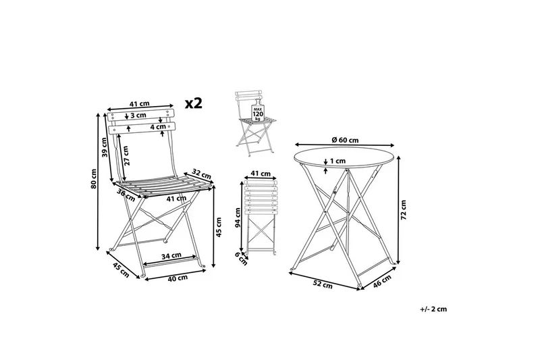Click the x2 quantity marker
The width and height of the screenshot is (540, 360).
tap(194, 103)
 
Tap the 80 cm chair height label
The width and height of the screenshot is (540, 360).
tap(94, 178)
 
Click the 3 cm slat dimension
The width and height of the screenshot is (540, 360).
tap(138, 115)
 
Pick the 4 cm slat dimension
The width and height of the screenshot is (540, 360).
tap(158, 127)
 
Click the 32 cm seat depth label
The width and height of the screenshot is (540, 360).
tap(201, 174)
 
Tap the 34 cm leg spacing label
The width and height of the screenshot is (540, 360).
tap(171, 255)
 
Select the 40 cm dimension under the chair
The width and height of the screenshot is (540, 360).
tap(178, 278)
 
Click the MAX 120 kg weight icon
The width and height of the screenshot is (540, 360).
tap(258, 112)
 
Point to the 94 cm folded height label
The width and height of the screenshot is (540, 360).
tap(238, 217)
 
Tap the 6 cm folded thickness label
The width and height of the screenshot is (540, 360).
tap(241, 259)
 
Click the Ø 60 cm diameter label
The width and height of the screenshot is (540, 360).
tap(345, 140)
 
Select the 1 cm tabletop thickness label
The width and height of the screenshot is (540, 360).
tap(337, 161)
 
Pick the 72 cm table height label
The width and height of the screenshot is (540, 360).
tap(404, 210)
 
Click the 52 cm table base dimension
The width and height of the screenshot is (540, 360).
tap(323, 284)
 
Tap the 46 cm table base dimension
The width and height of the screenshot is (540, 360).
tap(382, 281)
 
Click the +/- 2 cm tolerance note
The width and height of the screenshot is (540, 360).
tap(433, 309)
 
